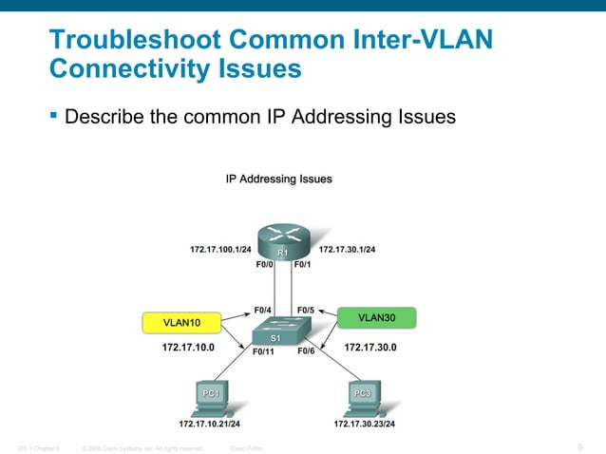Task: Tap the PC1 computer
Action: pos(209,398)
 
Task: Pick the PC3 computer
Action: pos(362,398)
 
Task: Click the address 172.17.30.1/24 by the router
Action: pos(348,250)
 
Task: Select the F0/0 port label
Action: pos(265,266)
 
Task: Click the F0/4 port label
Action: pos(263,310)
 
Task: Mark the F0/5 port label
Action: pos(307,310)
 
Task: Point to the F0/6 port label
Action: pos(307,351)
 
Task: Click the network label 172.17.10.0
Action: pos(188,348)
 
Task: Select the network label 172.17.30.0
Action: pos(369,348)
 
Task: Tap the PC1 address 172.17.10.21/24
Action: pos(209,424)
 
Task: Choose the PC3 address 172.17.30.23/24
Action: pos(365,424)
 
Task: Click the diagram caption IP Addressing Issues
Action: pos(278,178)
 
